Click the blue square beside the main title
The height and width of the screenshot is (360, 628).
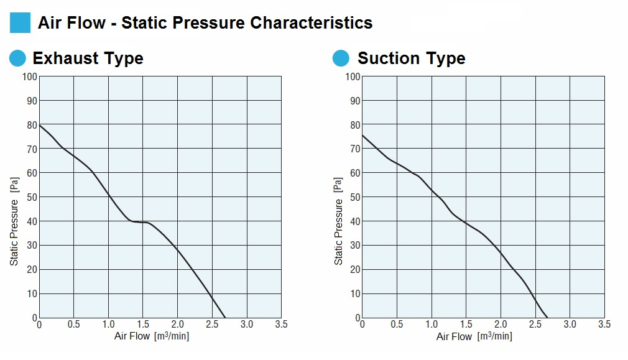(20, 23)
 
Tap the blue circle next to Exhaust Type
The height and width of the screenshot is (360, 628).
(18, 58)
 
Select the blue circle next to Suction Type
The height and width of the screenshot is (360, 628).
(341, 58)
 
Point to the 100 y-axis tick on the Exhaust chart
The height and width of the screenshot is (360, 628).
(30, 76)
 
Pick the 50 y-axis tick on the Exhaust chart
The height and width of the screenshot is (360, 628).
(32, 197)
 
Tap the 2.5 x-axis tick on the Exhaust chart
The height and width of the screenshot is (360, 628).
(212, 325)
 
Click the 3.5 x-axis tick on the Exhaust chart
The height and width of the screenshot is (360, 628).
(281, 325)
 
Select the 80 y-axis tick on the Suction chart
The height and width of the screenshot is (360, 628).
(354, 124)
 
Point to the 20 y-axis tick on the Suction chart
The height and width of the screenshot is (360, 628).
(354, 269)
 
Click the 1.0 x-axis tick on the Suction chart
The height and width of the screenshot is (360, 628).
(432, 325)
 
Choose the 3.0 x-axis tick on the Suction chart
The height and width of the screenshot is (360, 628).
(570, 325)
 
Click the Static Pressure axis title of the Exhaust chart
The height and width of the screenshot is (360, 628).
(14, 221)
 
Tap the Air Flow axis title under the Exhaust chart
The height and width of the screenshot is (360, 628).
(152, 336)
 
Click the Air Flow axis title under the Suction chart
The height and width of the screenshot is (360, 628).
(474, 336)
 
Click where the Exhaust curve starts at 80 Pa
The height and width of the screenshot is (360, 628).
(39, 125)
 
